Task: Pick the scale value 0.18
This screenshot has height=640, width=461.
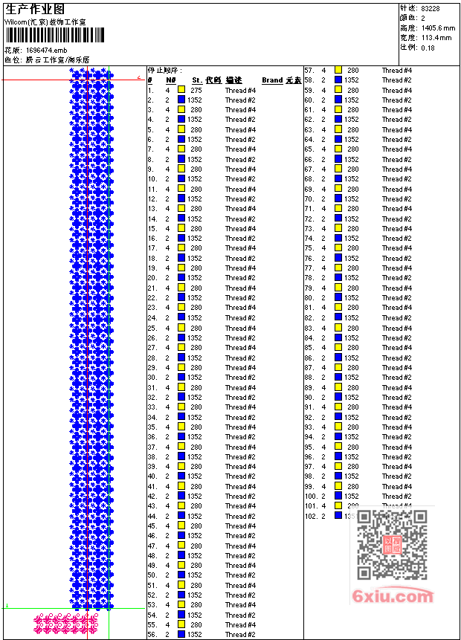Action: pyautogui.click(x=428, y=48)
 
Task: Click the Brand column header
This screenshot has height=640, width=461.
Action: pyautogui.click(x=272, y=80)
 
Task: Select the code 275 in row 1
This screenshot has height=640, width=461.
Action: pyautogui.click(x=196, y=90)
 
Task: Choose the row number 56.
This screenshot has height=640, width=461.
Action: pyautogui.click(x=152, y=635)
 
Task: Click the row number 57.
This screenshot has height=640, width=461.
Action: pyautogui.click(x=309, y=70)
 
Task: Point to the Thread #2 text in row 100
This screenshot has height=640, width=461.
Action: pyautogui.click(x=397, y=496)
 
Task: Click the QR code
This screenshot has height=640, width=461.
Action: pyautogui.click(x=392, y=546)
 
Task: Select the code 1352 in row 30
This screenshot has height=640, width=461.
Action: pyautogui.click(x=195, y=378)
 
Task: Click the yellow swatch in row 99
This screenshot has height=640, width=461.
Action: pyautogui.click(x=338, y=486)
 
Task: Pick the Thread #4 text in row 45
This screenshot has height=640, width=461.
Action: pyautogui.click(x=240, y=526)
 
